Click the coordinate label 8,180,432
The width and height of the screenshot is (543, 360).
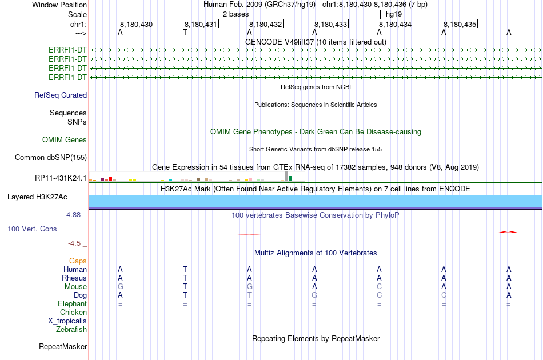[265, 24]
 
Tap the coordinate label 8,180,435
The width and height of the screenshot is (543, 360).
[460, 24]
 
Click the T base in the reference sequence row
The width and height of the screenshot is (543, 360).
[185, 32]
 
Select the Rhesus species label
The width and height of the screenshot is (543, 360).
[74, 278]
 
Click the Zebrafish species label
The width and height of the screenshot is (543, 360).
[71, 329]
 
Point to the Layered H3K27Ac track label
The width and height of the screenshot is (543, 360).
[37, 197]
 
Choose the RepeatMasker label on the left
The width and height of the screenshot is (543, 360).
[63, 346]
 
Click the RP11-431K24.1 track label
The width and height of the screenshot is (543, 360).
[61, 178]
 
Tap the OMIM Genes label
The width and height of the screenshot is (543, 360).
[65, 139]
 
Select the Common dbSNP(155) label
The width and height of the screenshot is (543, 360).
[51, 158]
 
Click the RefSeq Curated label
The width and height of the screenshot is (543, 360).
[61, 95]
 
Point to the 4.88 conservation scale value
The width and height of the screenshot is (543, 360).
[73, 215]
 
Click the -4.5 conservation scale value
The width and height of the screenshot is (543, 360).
[74, 243]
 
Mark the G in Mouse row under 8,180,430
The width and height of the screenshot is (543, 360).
[121, 287]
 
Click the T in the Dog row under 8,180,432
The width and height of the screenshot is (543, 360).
[250, 295]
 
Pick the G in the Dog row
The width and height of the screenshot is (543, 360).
[314, 295]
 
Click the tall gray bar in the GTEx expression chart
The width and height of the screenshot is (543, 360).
[286, 176]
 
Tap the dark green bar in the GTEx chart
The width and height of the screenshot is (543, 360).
[290, 179]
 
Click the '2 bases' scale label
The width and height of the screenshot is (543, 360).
[235, 14]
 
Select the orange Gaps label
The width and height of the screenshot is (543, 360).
[78, 261]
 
